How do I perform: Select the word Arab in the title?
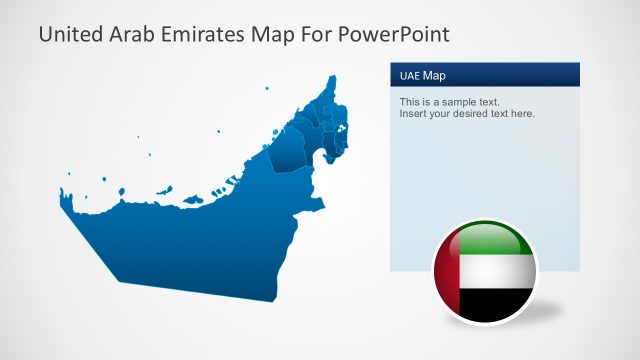pos(136,35)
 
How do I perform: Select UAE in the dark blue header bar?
pos(409,76)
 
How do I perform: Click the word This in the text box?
pos(410,102)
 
